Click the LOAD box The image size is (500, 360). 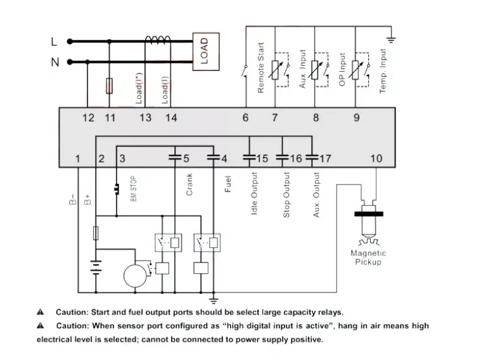coord(204,50)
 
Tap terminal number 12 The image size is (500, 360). coord(88,117)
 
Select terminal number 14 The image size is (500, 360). coord(171,117)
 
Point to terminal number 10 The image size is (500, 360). coord(376,158)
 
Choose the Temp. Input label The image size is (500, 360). coord(383,70)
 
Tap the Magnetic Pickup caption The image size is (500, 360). coord(368,257)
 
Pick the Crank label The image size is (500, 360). coord(189,184)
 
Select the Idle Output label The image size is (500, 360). coord(254,193)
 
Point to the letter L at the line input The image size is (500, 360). coord(54,42)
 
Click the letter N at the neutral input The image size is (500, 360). coord(54,62)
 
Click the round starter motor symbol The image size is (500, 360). coord(134,276)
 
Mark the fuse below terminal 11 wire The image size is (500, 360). coord(109,86)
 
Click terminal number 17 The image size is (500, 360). coord(324,158)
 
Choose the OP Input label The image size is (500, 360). coord(342,70)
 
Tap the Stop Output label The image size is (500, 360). coord(286,195)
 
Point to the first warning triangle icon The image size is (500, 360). coord(40,312)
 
